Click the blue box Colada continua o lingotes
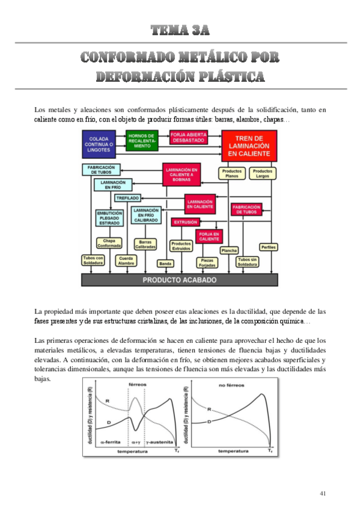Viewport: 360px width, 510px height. point(99,144)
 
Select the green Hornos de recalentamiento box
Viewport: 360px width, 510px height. point(142,141)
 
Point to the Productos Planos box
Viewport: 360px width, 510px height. point(231,174)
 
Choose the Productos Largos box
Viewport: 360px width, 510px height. point(263,174)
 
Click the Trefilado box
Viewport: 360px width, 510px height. point(127,197)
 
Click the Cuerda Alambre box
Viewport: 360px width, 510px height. point(126,260)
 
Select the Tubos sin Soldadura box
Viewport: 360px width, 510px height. point(247,262)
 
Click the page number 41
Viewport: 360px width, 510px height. point(323,493)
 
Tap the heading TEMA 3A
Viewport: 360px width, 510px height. point(180,29)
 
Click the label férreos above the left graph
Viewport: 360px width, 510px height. point(138,384)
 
